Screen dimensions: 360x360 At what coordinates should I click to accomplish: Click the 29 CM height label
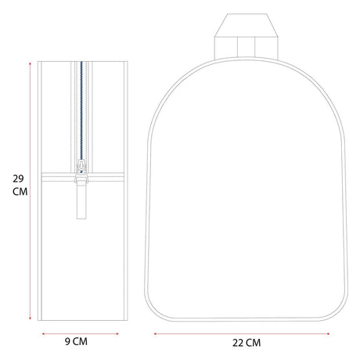[20, 185]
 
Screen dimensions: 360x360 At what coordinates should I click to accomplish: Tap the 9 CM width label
[76, 341]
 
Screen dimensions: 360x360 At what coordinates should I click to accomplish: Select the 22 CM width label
[247, 343]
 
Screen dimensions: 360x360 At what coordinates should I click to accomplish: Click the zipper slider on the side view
[81, 171]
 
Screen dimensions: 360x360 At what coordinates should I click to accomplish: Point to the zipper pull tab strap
[81, 201]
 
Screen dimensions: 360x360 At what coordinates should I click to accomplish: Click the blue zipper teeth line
[81, 115]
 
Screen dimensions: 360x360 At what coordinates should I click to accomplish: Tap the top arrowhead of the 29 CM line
[31, 63]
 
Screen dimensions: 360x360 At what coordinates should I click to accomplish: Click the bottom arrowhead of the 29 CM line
[31, 318]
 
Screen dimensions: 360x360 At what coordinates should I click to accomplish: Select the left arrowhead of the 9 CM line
[43, 333]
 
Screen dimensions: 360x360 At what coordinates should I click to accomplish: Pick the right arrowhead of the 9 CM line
[117, 333]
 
